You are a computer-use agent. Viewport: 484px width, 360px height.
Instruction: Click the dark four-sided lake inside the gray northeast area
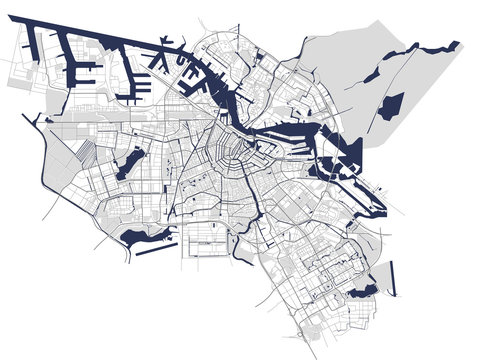point(390,106)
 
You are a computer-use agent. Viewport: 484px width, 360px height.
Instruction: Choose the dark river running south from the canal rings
point(262,204)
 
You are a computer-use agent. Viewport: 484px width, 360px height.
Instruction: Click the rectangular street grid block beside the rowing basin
point(204,241)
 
